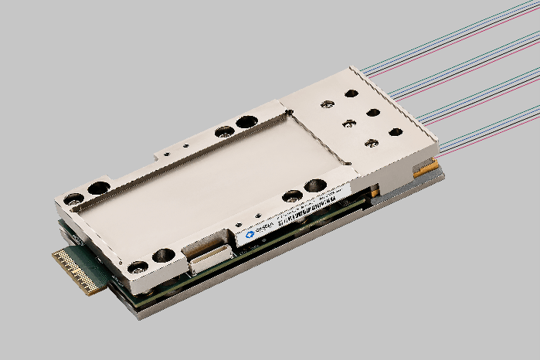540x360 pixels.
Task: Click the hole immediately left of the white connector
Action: tap(164, 254)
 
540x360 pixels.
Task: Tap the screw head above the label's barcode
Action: tap(292, 195)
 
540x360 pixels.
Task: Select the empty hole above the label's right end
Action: tap(315, 185)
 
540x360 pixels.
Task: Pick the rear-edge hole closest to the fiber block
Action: tap(246, 121)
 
